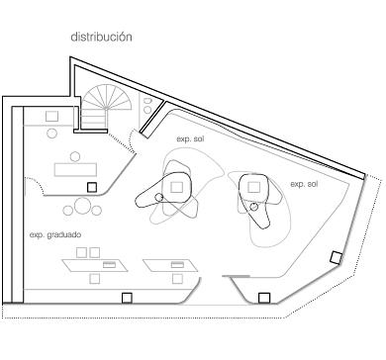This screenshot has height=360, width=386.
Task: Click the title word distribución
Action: tap(101, 37)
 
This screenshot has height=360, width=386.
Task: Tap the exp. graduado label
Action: tap(55, 235)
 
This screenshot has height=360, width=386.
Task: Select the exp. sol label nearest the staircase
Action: tap(190, 139)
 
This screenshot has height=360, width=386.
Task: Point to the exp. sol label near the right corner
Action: tap(304, 184)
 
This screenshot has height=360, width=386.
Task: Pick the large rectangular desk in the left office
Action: tap(75, 169)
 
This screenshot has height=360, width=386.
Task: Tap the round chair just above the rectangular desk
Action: tap(75, 156)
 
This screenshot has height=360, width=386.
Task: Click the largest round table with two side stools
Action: tap(82, 206)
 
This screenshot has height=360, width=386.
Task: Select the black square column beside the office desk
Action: tap(92, 188)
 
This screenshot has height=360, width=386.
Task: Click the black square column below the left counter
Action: tap(127, 298)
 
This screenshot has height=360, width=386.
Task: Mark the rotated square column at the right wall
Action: tap(337, 257)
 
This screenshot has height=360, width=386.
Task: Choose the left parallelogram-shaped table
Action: tap(95, 265)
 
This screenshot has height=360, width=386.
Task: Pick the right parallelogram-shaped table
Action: tap(170, 265)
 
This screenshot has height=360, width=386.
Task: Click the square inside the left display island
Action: tap(177, 187)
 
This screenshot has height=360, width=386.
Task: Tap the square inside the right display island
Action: tap(253, 187)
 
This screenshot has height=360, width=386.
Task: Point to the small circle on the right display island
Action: tap(253, 207)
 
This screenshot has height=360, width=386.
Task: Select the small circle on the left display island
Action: tap(159, 197)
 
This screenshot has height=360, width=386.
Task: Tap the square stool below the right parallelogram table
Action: tap(177, 279)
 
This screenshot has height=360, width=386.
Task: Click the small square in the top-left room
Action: tap(51, 117)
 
